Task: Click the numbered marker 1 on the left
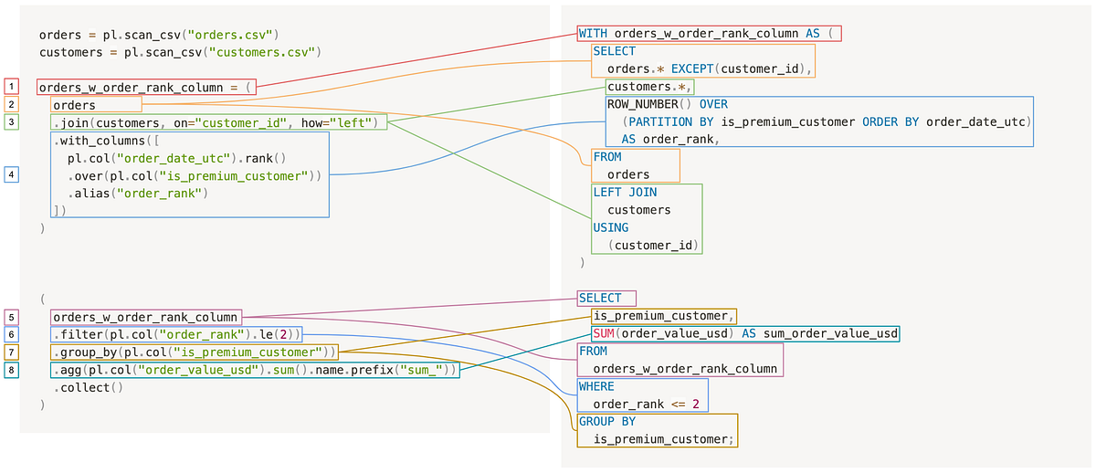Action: [x=11, y=87]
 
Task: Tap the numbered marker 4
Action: [x=11, y=174]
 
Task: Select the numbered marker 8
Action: [x=11, y=370]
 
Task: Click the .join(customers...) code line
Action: [x=218, y=122]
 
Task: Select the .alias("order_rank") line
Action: [x=137, y=193]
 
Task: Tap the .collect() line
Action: [x=88, y=387]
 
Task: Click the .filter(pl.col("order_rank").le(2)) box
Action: [x=175, y=334]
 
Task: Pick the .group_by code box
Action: [x=195, y=352]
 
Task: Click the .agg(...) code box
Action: [x=254, y=370]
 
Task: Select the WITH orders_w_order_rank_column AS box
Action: [x=709, y=34]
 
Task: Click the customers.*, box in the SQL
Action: [x=649, y=87]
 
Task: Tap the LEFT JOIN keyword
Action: [x=625, y=193]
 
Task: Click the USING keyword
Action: [x=611, y=227]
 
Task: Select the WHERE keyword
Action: [x=596, y=387]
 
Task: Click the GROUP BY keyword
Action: [x=607, y=422]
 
